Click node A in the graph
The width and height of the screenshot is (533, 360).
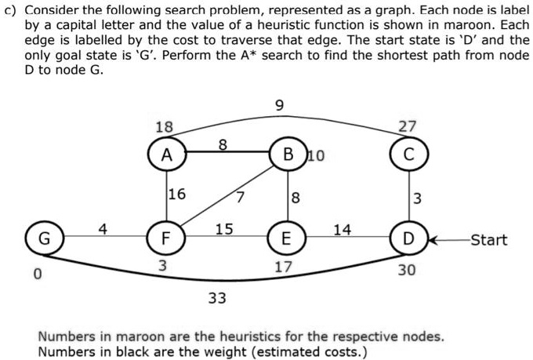[166, 155]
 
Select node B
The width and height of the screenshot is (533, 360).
[285, 154]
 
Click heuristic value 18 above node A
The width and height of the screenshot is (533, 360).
[164, 127]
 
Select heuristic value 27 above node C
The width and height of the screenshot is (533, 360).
[408, 127]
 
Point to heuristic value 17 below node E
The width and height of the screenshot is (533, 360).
[283, 267]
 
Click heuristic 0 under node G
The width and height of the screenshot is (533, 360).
[36, 275]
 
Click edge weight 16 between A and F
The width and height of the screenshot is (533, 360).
[177, 194]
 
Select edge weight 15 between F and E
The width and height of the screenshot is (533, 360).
[224, 229]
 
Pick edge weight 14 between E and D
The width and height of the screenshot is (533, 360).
[342, 229]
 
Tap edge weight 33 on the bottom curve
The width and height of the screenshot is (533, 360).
[217, 297]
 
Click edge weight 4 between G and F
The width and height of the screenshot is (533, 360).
[102, 229]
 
